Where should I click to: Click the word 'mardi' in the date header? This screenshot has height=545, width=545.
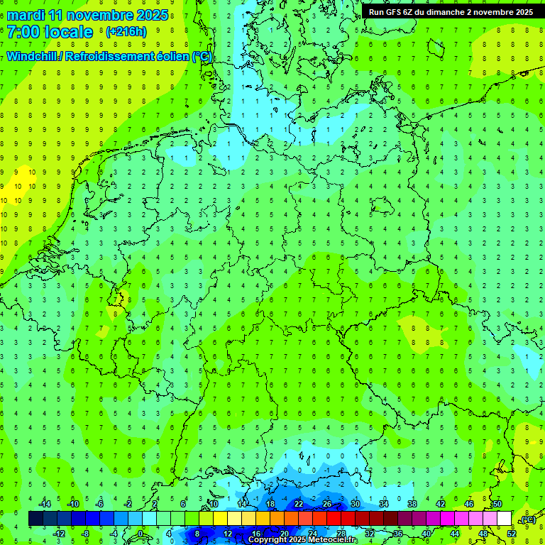[26, 15]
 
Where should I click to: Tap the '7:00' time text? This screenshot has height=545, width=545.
[23, 32]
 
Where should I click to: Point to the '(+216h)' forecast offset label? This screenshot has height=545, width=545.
[126, 32]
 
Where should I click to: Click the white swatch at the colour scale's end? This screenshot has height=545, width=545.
[504, 519]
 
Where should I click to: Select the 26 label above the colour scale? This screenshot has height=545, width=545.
[327, 504]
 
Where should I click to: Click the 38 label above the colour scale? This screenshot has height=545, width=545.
[412, 504]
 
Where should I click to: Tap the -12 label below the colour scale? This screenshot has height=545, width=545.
[60, 534]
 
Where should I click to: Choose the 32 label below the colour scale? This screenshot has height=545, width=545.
[369, 534]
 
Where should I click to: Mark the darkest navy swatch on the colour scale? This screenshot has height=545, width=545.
[35, 519]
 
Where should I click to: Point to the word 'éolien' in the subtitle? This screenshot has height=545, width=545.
[172, 57]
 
